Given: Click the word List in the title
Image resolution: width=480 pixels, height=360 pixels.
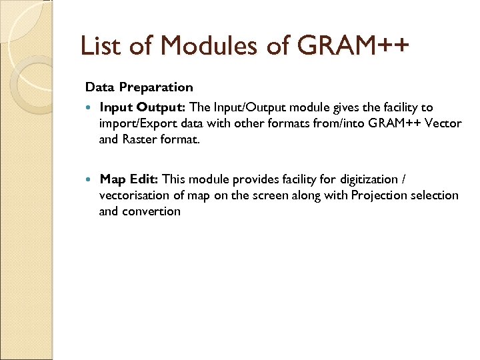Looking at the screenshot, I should click(x=98, y=47).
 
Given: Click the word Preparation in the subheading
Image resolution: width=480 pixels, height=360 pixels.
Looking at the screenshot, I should click(x=157, y=87).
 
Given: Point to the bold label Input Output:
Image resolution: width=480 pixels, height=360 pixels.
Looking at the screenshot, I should click(x=143, y=107).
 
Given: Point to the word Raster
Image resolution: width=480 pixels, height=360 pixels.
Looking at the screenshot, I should click(x=139, y=139).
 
